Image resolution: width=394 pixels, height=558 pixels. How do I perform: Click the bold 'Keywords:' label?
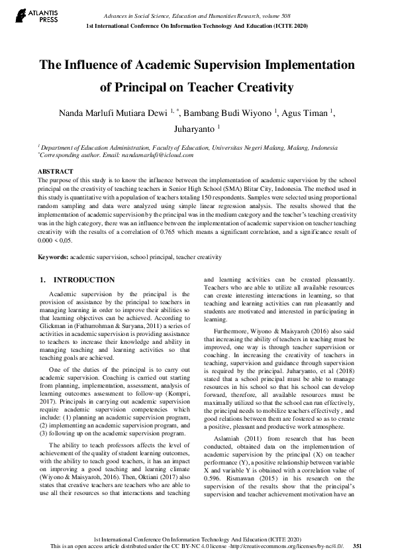click(x=53, y=256)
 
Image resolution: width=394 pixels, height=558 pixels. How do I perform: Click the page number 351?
click(x=357, y=547)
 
